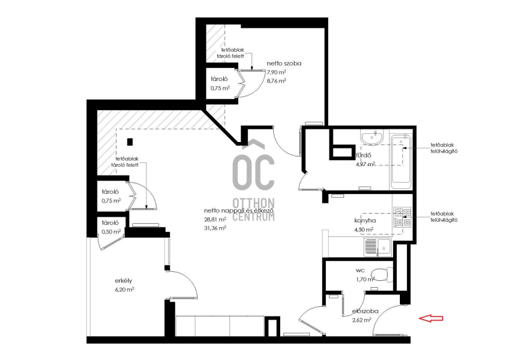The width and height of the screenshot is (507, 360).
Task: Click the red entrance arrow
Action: (x=431, y=318)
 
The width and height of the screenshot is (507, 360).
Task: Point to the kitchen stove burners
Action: (x=402, y=217)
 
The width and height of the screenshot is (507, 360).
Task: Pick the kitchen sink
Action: (x=378, y=247)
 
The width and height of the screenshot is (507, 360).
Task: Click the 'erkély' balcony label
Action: (x=124, y=281)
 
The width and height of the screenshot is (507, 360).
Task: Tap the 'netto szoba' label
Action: (x=284, y=63)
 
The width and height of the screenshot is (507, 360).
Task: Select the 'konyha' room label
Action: (x=365, y=221)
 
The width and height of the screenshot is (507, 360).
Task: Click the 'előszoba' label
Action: (x=365, y=311)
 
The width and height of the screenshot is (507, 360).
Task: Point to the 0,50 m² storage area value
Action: (x=112, y=231)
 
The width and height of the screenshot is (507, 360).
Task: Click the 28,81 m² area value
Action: (x=215, y=219)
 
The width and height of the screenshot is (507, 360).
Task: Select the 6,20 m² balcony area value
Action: (x=124, y=290)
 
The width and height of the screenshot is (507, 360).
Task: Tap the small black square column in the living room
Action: (x=130, y=142)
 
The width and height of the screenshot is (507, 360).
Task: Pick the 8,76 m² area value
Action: (x=276, y=81)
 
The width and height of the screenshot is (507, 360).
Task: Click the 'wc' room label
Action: (x=360, y=271)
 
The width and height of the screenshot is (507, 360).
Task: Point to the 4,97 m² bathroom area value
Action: (x=366, y=164)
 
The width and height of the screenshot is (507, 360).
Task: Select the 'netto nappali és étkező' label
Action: (x=240, y=210)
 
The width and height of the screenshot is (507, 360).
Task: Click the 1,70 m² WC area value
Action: (x=366, y=279)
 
